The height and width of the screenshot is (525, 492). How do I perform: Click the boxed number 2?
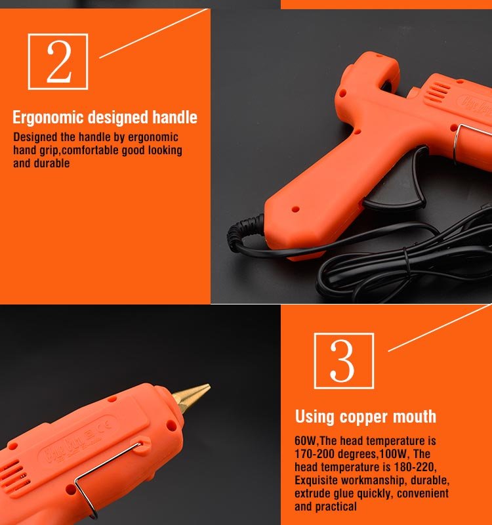pos(58,62)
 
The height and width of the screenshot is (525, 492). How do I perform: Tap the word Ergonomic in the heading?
pos(48,117)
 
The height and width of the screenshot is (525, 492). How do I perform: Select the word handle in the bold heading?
pos(174,117)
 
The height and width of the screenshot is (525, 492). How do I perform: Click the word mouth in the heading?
pos(415,417)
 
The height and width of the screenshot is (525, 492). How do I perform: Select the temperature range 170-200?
pos(314,453)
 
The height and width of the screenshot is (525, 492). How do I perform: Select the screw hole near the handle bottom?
pos(296,209)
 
